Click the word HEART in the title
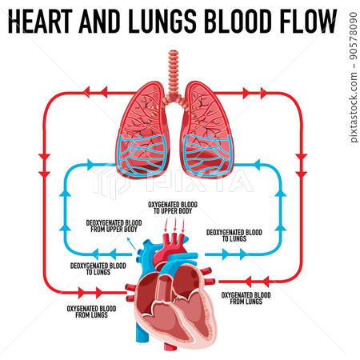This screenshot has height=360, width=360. [40, 21]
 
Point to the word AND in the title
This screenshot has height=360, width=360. [99, 21]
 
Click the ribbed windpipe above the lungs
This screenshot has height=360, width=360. [174, 74]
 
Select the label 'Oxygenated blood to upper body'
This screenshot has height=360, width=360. [173, 208]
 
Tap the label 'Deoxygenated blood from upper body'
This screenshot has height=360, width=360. [114, 226]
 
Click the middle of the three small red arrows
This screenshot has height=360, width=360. [175, 225]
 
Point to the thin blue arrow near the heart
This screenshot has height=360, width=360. [131, 244]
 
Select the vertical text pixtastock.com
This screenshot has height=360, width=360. [354, 107]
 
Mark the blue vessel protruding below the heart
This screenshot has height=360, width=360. [142, 332]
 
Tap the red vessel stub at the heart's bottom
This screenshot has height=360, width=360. [170, 346]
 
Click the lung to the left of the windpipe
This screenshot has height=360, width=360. [142, 130]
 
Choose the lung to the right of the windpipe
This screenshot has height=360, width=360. [206, 130]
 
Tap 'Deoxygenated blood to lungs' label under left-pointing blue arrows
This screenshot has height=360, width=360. [98, 269]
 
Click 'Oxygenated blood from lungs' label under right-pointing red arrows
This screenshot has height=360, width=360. [91, 312]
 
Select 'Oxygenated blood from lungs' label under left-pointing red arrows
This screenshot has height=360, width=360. [246, 298]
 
